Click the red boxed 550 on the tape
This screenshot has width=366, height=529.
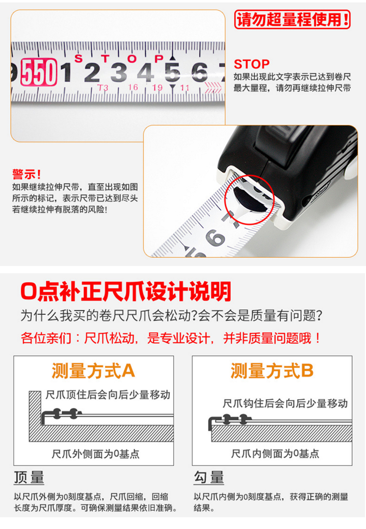[39, 72]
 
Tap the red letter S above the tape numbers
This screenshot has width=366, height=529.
[78, 59]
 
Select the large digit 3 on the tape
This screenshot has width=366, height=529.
[119, 73]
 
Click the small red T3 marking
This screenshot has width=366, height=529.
[103, 88]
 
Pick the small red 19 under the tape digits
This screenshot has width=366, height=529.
[157, 88]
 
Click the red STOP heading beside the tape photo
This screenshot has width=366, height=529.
[252, 64]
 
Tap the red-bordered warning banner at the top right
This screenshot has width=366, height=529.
[292, 19]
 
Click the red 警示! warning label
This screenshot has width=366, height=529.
[27, 174]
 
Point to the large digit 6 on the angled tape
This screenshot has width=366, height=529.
[215, 238]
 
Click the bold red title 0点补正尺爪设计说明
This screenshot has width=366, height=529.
[126, 291]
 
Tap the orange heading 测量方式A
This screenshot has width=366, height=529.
[93, 371]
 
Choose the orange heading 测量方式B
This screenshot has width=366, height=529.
[272, 371]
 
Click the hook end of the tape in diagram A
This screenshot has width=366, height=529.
[43, 418]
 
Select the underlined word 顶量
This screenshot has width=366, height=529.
[29, 478]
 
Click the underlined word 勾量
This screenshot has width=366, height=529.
[209, 478]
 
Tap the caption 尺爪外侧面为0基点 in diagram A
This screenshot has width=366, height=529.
[96, 454]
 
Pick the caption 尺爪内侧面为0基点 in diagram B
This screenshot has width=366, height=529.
[275, 454]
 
